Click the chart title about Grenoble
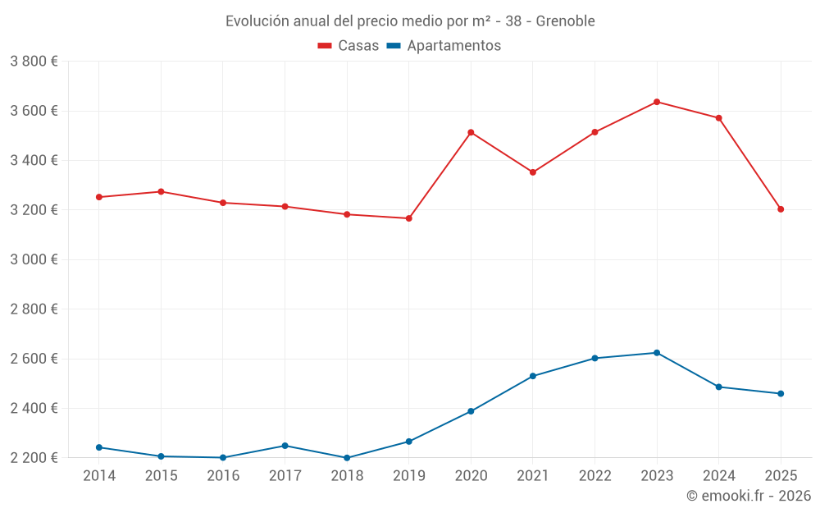[x=410, y=21]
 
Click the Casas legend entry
[x=348, y=46]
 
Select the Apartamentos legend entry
[x=443, y=46]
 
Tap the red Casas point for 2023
[x=657, y=102]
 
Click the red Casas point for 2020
[x=471, y=132]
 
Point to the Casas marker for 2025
[x=781, y=209]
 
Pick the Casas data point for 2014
[x=99, y=197]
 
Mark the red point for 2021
[x=533, y=172]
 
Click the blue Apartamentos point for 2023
[x=657, y=353]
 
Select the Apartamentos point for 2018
[x=347, y=458]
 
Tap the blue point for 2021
[x=533, y=376]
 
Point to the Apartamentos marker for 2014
[x=99, y=447]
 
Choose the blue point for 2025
[x=781, y=394]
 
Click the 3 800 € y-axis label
[x=34, y=62]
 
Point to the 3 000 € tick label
[x=34, y=259]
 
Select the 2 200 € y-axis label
[x=34, y=458]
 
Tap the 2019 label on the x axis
[x=409, y=476]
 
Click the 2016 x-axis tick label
[x=223, y=476]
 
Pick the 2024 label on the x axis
[x=719, y=476]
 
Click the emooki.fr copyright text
[x=749, y=496]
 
